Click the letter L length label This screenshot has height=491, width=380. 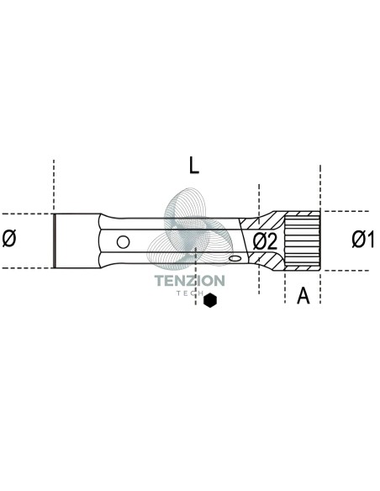[193, 165]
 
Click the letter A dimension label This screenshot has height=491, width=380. [303, 295]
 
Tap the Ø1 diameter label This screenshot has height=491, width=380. [363, 240]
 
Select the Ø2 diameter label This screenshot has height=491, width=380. [265, 241]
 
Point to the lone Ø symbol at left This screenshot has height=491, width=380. [9, 238]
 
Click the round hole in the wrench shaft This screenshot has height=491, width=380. [123, 242]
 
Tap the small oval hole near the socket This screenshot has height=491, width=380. [235, 258]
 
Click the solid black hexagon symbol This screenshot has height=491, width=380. [209, 300]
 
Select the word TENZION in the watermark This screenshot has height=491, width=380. [190, 281]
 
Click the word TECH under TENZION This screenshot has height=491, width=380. [190, 293]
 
